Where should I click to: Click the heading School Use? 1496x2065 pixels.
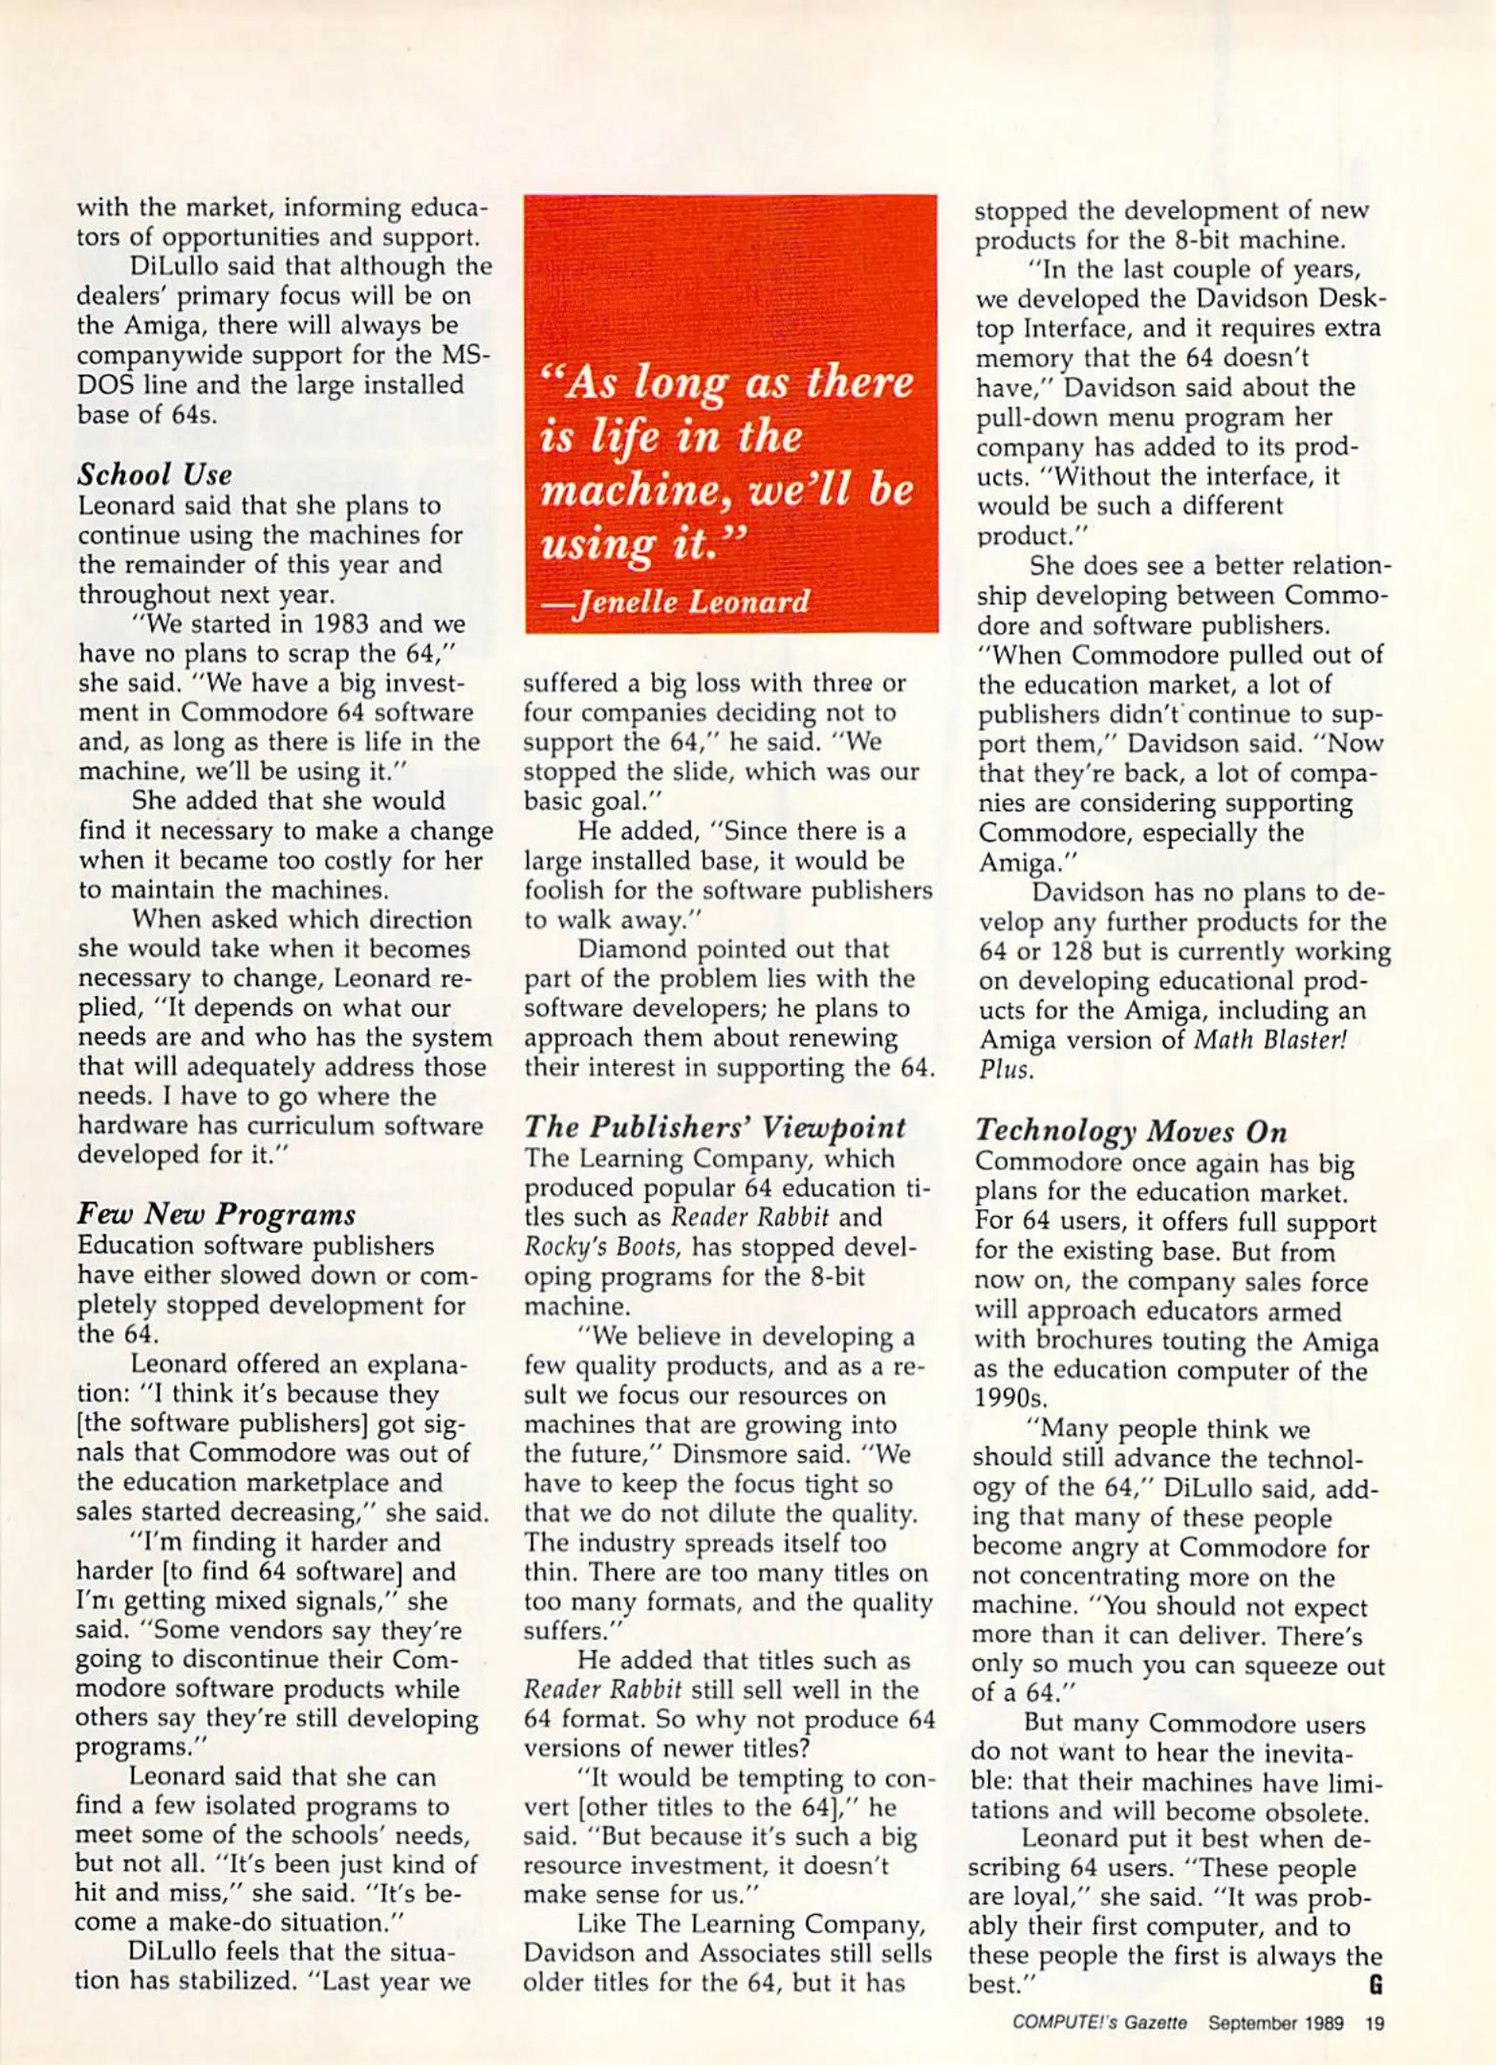pyautogui.click(x=155, y=474)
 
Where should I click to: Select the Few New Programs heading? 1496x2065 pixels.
pyautogui.click(x=216, y=1214)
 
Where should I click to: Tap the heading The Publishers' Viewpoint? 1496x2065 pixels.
pyautogui.click(x=714, y=1127)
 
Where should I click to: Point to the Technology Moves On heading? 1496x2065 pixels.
pyautogui.click(x=1131, y=1131)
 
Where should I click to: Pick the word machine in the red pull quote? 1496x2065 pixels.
pyautogui.click(x=620, y=490)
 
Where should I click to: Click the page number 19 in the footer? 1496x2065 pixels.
pyautogui.click(x=1375, y=2023)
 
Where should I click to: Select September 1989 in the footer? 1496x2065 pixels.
pyautogui.click(x=1275, y=2023)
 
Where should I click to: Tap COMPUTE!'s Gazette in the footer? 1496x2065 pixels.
pyautogui.click(x=1099, y=2023)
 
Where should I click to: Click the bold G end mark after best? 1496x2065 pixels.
pyautogui.click(x=1376, y=1985)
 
